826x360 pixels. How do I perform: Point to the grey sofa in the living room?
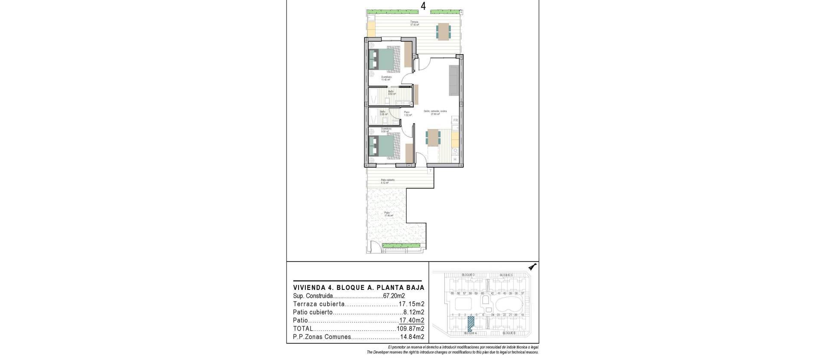point(453,80)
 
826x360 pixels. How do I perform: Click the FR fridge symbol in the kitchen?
point(455,120)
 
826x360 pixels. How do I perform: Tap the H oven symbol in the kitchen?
point(455,160)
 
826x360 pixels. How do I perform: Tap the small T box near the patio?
point(430,171)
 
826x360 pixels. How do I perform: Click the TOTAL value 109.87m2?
point(410,329)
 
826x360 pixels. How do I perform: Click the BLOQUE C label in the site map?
point(506,275)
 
